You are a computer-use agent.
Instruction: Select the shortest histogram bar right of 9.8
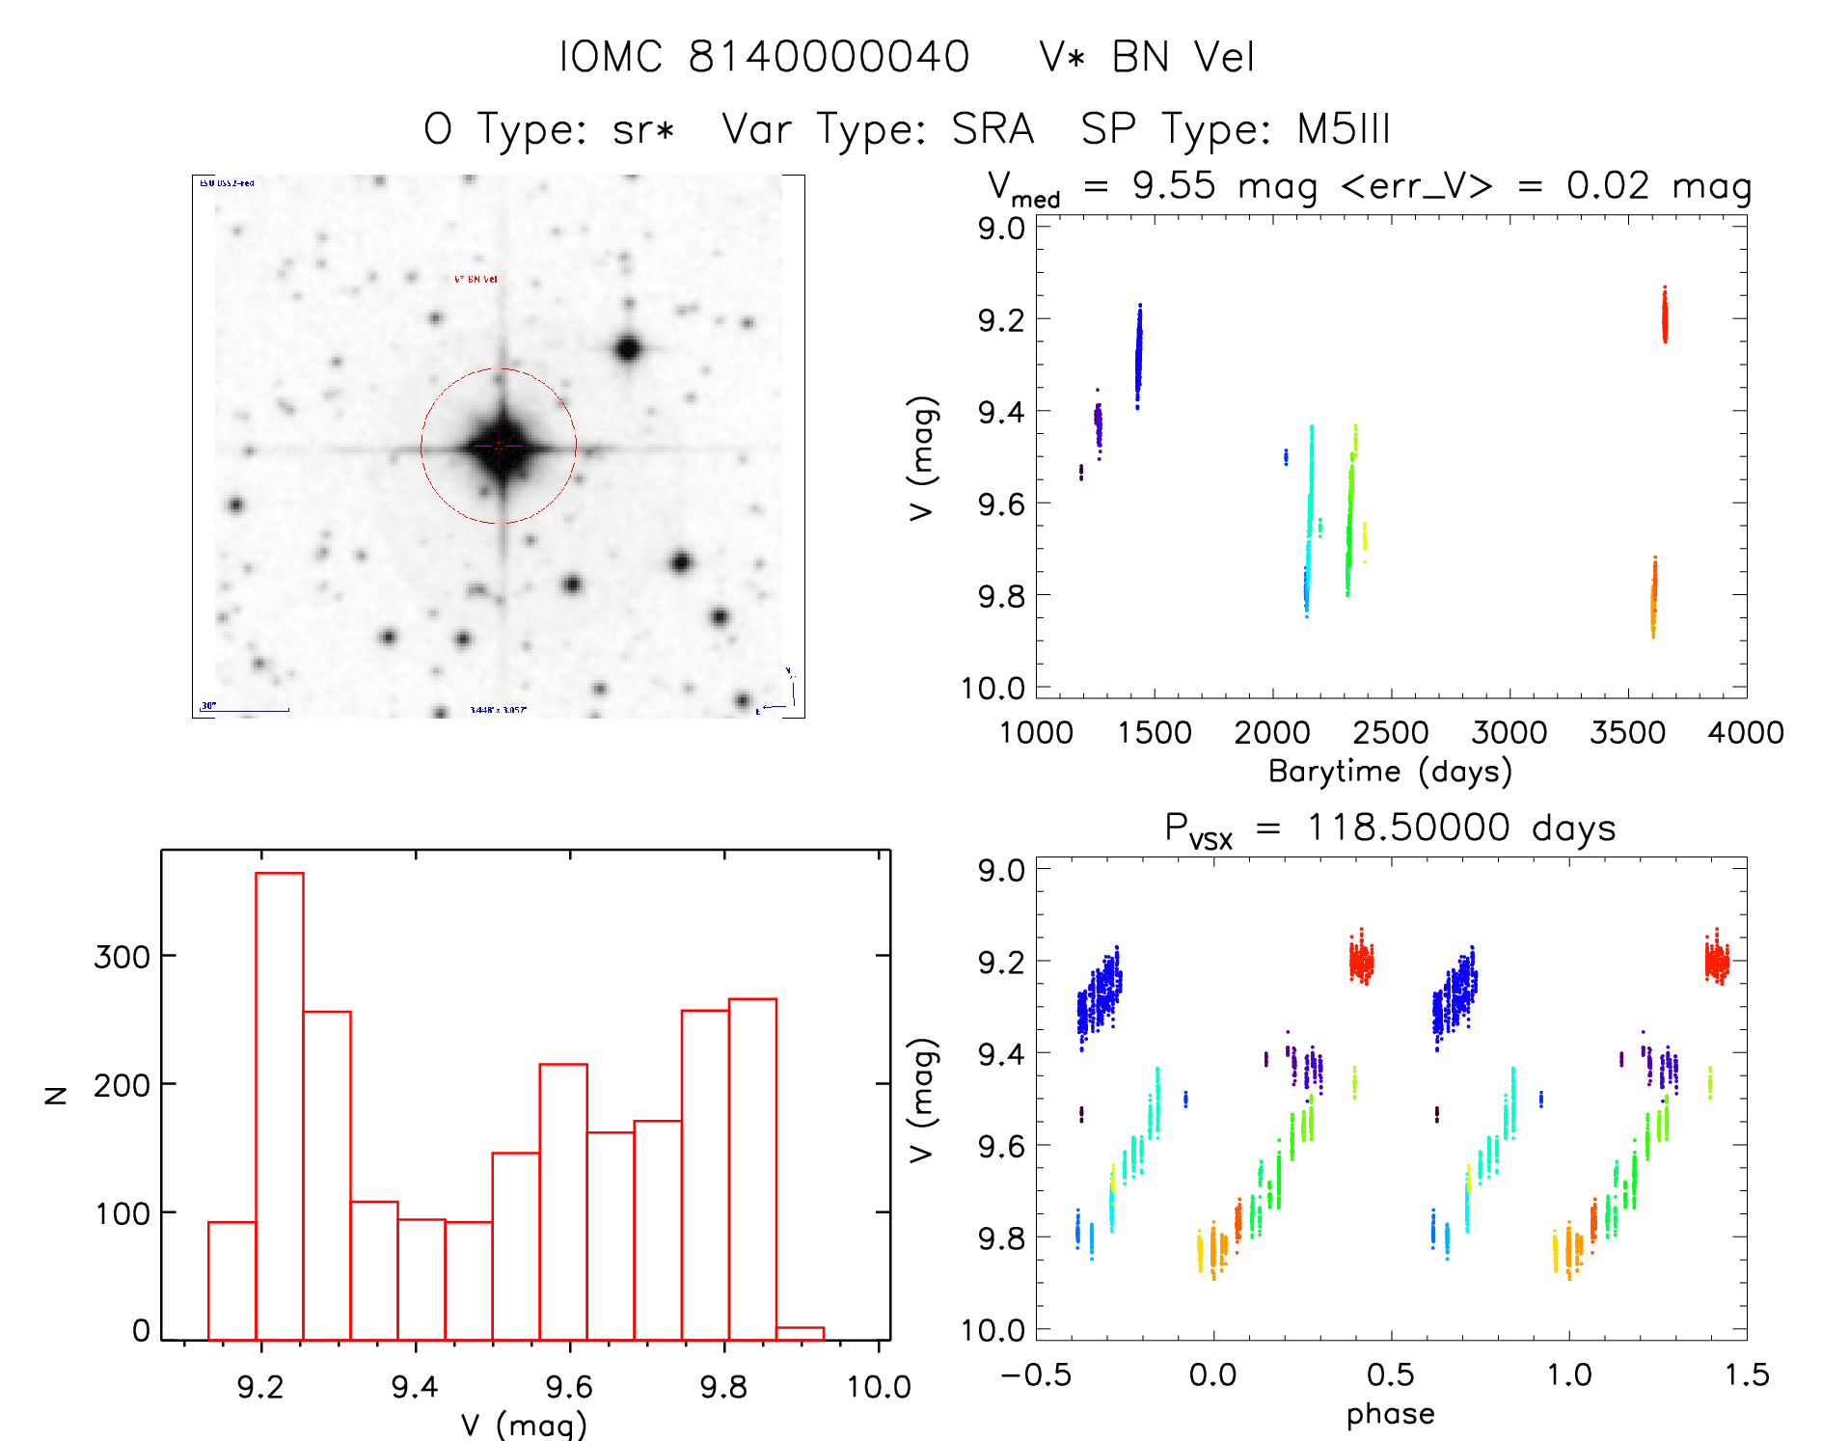(x=801, y=1334)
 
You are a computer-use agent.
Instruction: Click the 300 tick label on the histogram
(x=122, y=957)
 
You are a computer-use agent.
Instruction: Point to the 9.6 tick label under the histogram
(x=569, y=1387)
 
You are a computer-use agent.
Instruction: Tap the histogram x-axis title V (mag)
(x=524, y=1424)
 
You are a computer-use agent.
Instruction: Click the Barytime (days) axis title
(x=1390, y=772)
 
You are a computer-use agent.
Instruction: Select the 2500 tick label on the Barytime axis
(x=1391, y=733)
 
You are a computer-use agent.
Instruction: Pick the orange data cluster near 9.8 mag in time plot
(x=1653, y=598)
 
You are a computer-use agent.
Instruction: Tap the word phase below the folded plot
(x=1390, y=1414)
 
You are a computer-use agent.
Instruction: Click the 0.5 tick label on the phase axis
(x=1390, y=1375)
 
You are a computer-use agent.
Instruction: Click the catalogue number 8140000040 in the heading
(x=829, y=57)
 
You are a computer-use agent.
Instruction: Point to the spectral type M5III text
(x=1343, y=129)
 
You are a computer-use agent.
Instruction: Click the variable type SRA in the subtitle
(x=993, y=129)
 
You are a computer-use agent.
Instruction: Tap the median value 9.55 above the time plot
(x=1174, y=186)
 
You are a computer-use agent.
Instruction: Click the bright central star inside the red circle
(x=500, y=446)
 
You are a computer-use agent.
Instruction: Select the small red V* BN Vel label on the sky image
(x=476, y=280)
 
